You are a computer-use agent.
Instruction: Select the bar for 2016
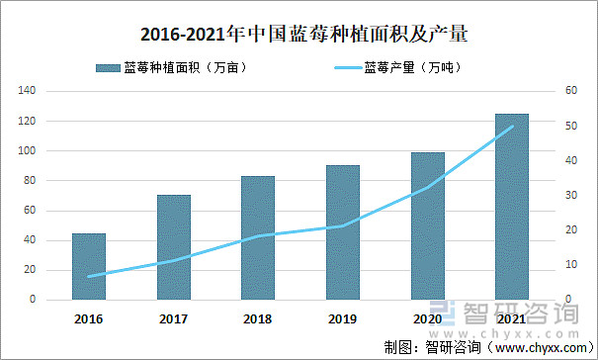point(89,266)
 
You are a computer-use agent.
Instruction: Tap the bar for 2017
point(174,247)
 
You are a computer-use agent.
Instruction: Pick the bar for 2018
point(258,237)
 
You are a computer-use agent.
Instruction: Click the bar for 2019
point(343,232)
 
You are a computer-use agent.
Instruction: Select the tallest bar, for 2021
point(512,207)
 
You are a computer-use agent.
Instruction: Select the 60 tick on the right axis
point(570,91)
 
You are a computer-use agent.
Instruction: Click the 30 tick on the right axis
point(570,196)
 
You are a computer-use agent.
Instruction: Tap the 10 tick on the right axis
point(570,265)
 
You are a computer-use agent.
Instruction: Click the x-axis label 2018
point(258,318)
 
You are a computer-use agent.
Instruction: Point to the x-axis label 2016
point(89,318)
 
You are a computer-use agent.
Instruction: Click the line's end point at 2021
point(512,127)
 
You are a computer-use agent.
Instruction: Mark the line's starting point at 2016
point(89,276)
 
